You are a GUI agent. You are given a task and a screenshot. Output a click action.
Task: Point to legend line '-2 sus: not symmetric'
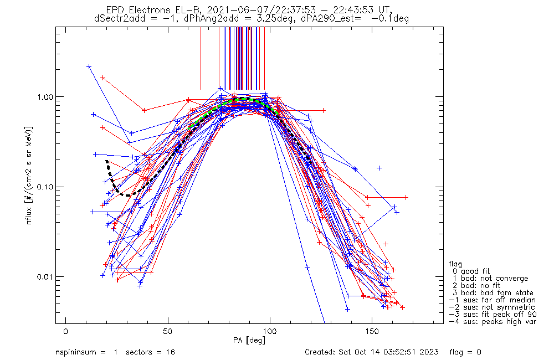pos(492,307)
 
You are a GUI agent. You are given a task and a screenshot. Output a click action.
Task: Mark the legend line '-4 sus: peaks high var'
pos(492,322)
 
